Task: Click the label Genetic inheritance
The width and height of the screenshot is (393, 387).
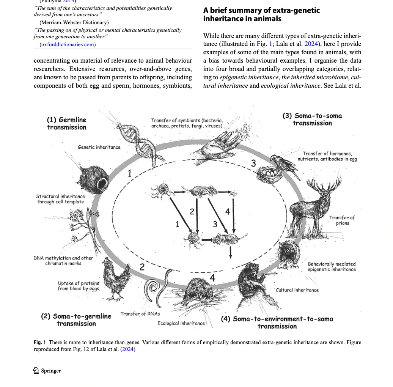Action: click(x=99, y=147)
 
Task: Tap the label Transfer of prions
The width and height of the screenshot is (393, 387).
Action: click(x=342, y=220)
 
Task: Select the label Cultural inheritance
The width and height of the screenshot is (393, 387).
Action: click(x=297, y=290)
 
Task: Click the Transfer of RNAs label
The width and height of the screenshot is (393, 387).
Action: click(x=140, y=314)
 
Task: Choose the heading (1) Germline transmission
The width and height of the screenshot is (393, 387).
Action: click(x=67, y=123)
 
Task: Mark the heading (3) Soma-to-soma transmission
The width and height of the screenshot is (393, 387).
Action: click(x=312, y=120)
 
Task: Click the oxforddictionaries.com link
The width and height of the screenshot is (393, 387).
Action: click(x=68, y=45)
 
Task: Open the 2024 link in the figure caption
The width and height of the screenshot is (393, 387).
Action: click(x=127, y=349)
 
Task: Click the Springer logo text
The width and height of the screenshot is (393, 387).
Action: click(x=47, y=371)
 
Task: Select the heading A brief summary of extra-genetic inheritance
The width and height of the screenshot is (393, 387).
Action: click(x=261, y=14)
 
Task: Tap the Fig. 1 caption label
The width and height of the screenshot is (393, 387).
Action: click(x=39, y=343)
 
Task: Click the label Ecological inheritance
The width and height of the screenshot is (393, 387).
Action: click(x=181, y=323)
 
